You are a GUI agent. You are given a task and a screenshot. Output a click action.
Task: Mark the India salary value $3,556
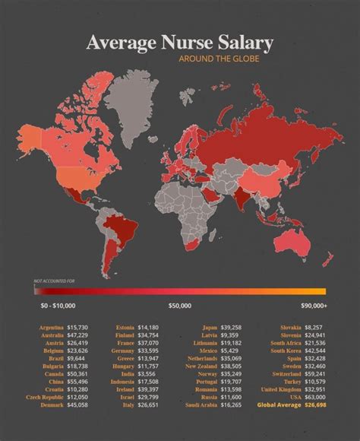pyautogui.click(x=147, y=376)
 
